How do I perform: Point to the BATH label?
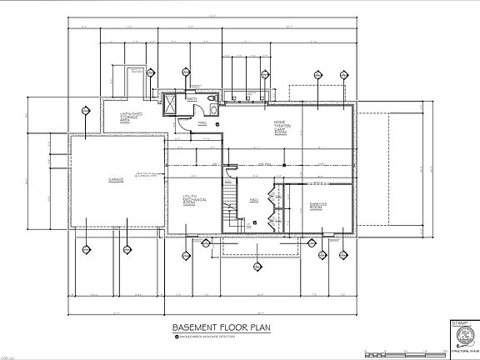point(191,100)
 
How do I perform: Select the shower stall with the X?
point(171,106)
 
